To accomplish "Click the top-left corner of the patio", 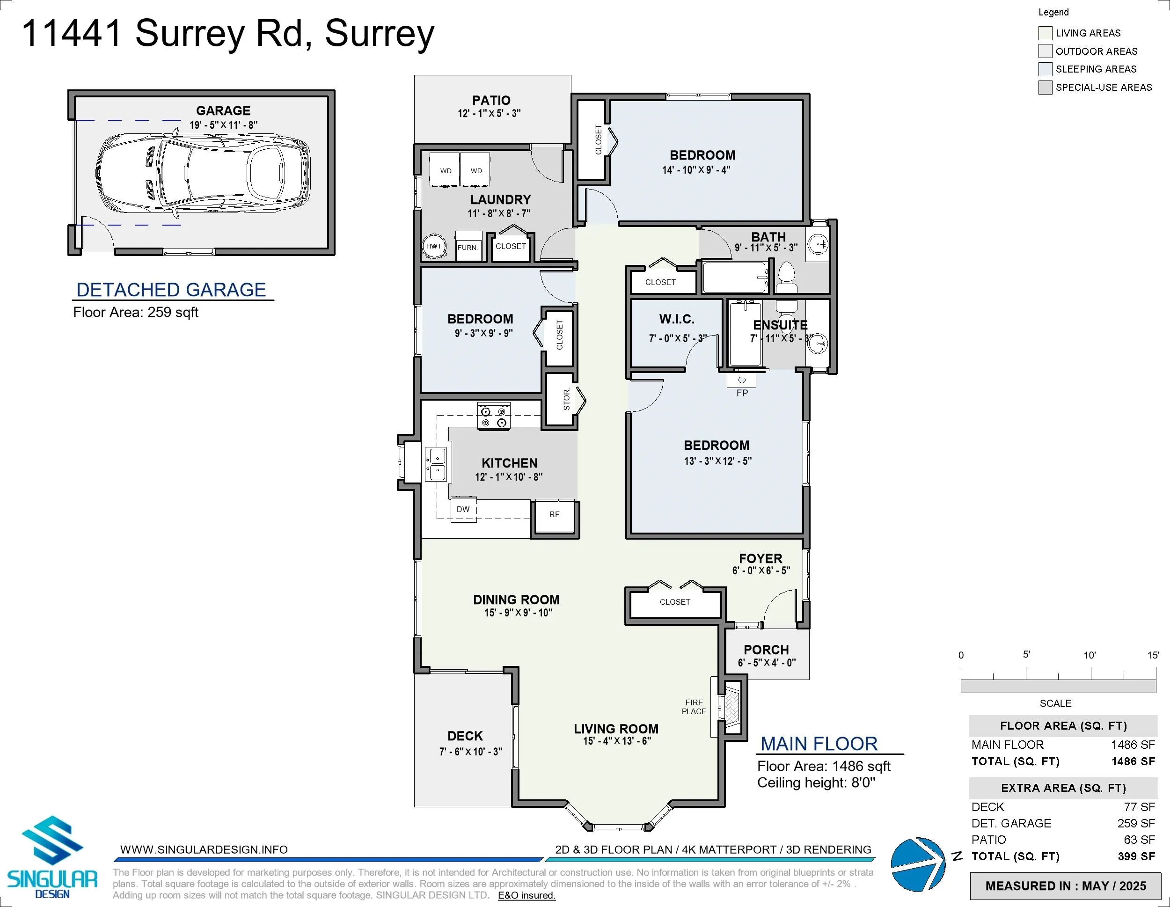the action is [415, 75].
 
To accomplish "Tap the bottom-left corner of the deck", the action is [415, 806].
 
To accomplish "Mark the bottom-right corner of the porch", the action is [809, 679].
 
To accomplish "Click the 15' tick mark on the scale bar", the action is [1155, 673].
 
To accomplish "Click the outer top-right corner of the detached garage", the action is [335, 90].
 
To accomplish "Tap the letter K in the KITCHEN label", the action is [485, 463].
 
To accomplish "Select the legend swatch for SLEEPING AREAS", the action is [1045, 69].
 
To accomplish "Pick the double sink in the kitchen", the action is [436, 464].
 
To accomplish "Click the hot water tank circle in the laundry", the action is [434, 247].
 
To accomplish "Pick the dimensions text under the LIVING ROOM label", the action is [617, 741].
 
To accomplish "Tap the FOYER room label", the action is [760, 558].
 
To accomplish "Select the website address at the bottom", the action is [204, 850].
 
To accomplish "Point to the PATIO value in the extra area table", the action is [1140, 840].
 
